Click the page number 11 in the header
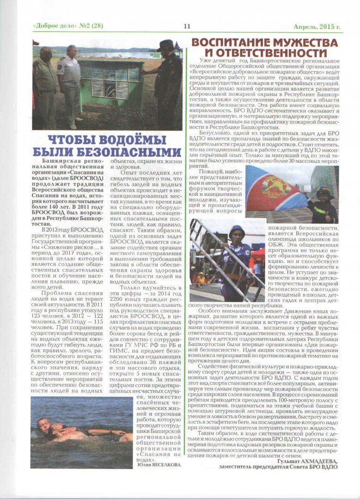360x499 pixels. tap(187, 26)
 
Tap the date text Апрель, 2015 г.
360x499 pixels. tap(317, 26)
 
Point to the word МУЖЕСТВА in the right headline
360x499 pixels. tap(300, 43)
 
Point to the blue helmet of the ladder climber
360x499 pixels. tap(237, 231)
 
